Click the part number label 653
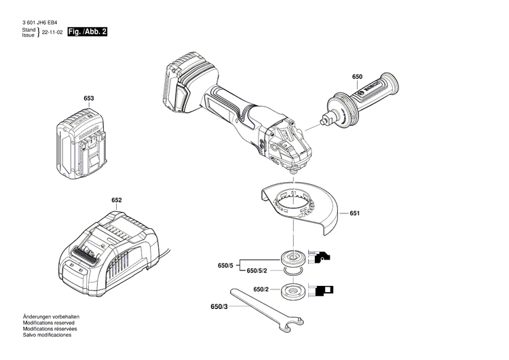[x=88, y=98]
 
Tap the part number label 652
[x=117, y=200]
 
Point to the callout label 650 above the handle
[x=358, y=76]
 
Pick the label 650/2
[x=261, y=290]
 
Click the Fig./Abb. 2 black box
[x=90, y=33]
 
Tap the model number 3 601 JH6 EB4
[x=39, y=22]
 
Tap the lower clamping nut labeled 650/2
[x=294, y=290]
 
